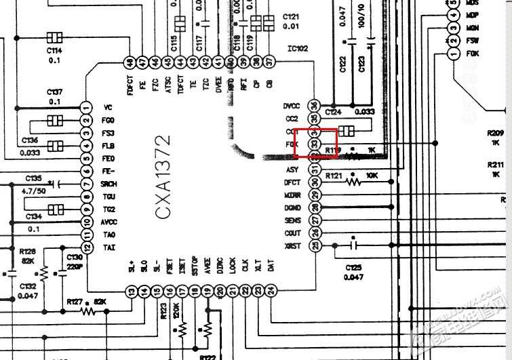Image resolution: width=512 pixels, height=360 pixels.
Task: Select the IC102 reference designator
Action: [298, 48]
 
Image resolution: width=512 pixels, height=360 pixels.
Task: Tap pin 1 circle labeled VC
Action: [85, 107]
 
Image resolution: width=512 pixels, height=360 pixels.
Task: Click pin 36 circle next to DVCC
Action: [314, 106]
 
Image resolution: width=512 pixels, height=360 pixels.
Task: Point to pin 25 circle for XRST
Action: [314, 245]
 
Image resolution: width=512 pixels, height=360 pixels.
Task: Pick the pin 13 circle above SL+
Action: [132, 291]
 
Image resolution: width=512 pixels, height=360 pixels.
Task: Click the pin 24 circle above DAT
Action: [271, 291]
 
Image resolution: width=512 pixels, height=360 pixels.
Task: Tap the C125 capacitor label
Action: [353, 268]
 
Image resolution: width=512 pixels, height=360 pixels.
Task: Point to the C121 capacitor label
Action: [291, 16]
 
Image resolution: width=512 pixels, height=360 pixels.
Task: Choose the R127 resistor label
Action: [75, 302]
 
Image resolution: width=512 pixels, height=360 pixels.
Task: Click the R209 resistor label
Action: [495, 133]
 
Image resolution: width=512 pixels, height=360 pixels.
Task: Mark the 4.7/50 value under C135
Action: [34, 192]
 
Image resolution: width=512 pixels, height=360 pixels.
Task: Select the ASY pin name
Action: [292, 169]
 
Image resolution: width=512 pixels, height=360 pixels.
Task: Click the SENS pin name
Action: [292, 220]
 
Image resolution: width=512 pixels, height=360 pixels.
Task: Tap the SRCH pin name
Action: [109, 183]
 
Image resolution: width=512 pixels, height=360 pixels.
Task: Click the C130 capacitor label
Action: [75, 258]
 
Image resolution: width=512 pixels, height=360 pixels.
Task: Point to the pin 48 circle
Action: [130, 62]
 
